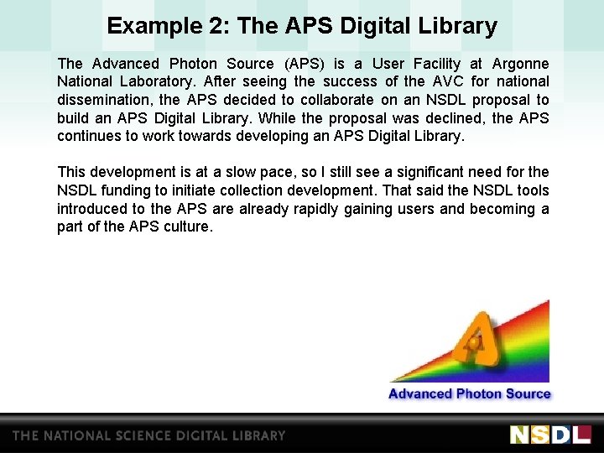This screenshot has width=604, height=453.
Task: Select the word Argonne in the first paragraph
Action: click(521, 64)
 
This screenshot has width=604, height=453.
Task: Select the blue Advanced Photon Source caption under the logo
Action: click(469, 393)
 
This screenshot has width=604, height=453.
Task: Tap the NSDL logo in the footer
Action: click(550, 435)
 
